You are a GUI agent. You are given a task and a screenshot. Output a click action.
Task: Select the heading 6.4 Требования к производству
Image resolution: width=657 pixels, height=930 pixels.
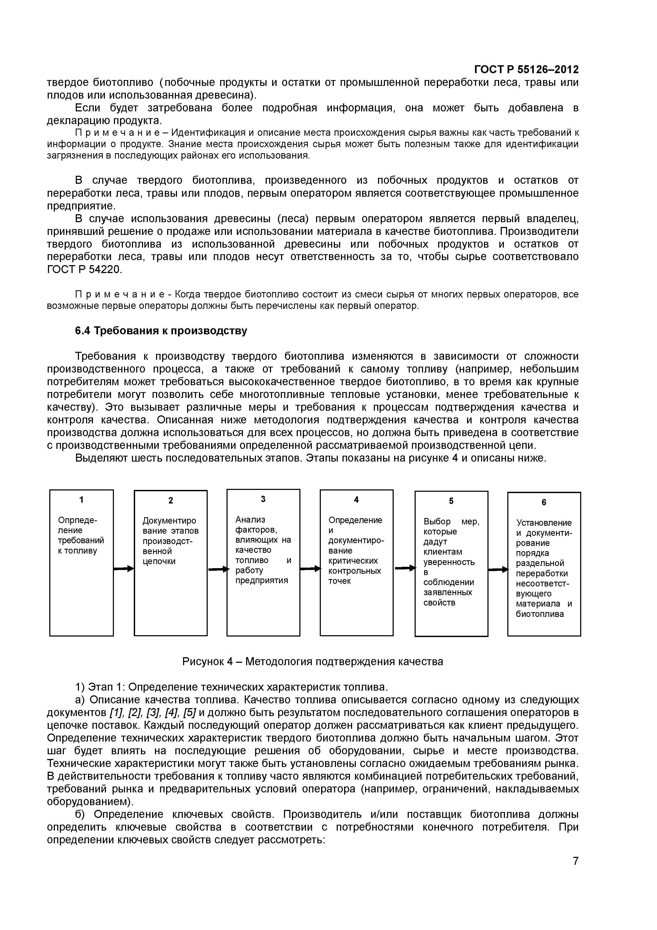click(x=161, y=331)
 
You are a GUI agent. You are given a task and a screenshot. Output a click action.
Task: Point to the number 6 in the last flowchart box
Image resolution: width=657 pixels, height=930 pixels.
click(x=544, y=502)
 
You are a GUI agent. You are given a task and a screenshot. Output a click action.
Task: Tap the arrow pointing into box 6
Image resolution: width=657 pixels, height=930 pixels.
click(x=498, y=569)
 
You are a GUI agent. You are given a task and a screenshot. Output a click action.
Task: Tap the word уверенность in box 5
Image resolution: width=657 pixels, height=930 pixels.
click(x=449, y=562)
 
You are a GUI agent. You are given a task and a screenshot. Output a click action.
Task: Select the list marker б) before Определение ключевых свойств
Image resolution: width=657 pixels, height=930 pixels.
click(x=81, y=815)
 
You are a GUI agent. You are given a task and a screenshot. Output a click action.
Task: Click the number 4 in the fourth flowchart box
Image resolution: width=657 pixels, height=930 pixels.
click(x=356, y=500)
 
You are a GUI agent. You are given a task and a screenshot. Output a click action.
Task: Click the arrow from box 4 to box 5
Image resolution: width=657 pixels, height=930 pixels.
click(x=405, y=568)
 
